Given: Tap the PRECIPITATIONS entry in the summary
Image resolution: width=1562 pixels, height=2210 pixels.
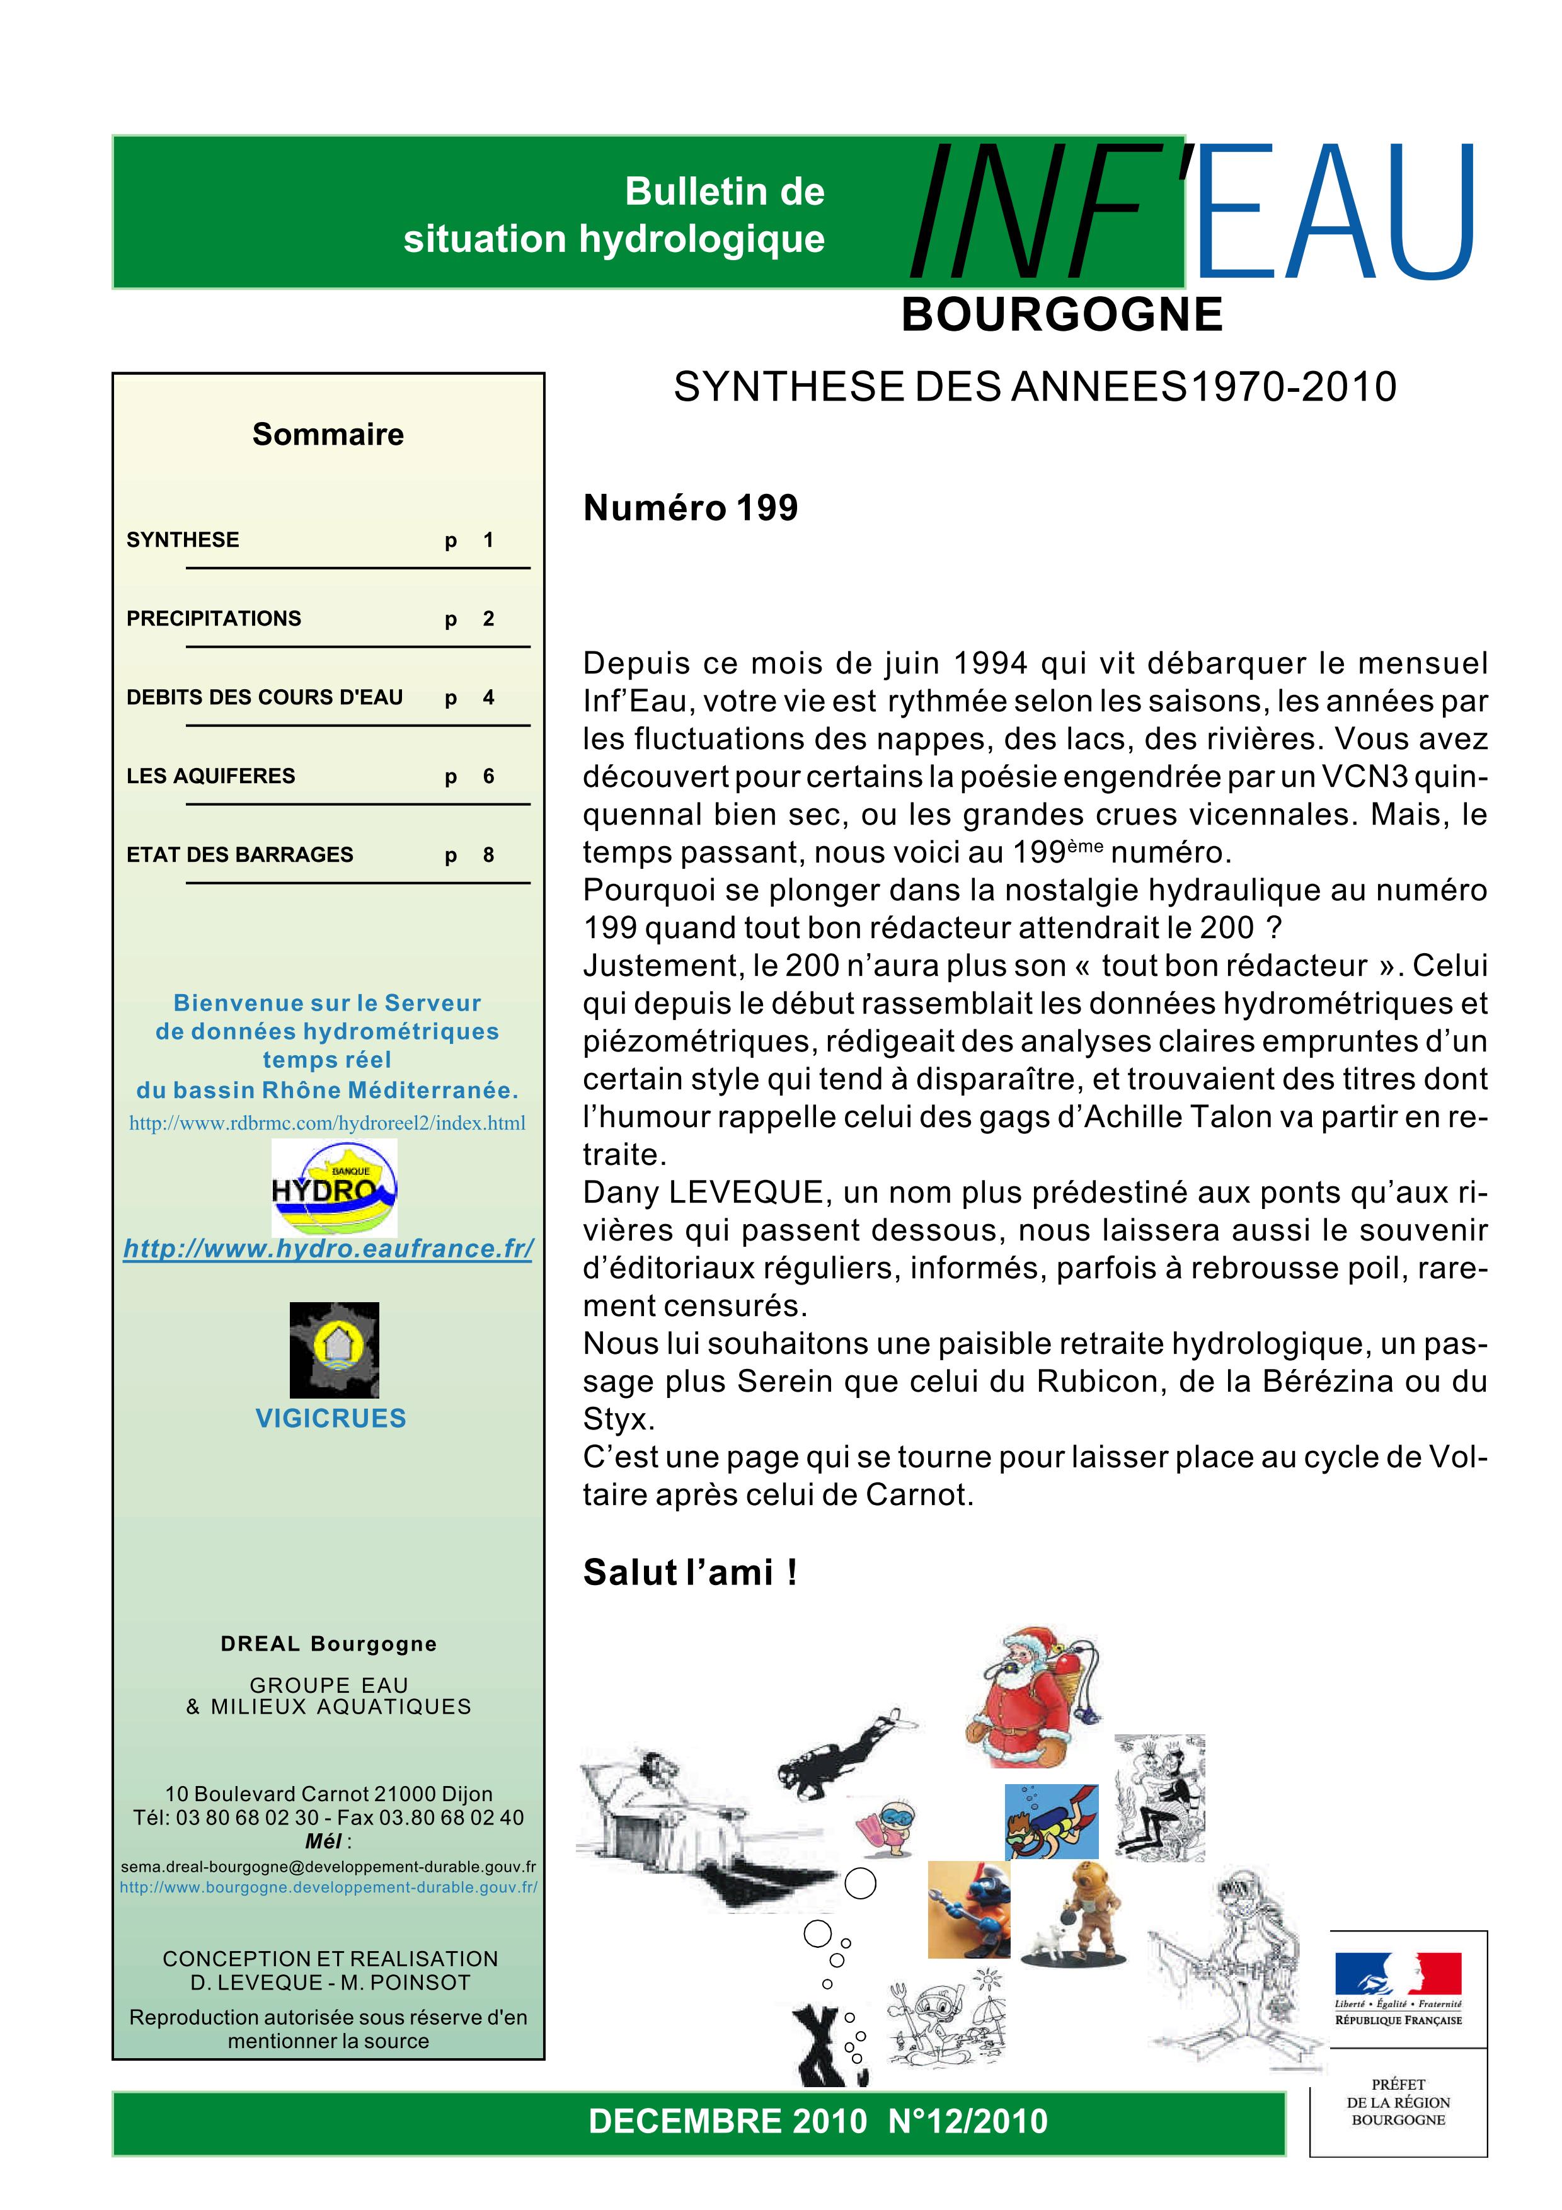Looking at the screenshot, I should [214, 619].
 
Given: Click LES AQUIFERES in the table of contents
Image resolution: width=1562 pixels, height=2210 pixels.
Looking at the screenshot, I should [211, 776].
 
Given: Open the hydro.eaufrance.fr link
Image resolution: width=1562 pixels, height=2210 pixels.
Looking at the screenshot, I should [328, 1249].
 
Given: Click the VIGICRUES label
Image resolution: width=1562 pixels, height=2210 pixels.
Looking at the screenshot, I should [330, 1418].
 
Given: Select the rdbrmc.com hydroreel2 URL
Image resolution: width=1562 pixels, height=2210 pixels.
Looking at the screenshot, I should [327, 1123].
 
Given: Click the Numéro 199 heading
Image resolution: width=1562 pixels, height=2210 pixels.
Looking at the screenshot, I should [690, 508].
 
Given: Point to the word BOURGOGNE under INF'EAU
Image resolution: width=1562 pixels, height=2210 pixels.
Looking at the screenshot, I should [1062, 315].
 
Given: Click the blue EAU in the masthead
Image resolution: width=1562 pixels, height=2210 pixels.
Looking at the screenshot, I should [1338, 214].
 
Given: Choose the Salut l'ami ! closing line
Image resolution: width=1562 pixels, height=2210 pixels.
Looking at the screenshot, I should [689, 1573].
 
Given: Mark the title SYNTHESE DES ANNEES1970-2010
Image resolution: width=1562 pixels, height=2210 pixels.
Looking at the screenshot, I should [1035, 387].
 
